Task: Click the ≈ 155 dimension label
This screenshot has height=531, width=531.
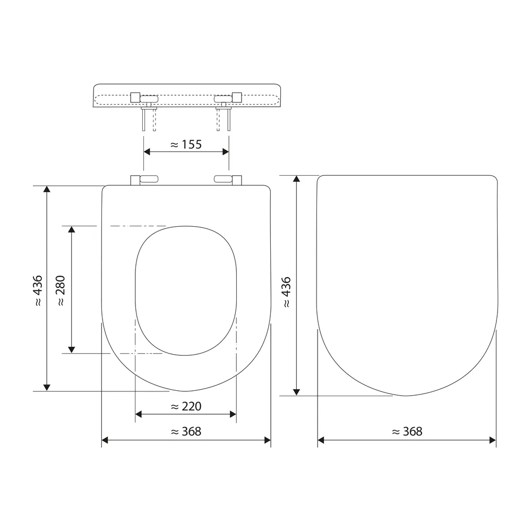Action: [x=186, y=144]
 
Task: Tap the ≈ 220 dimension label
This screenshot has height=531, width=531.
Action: [x=186, y=406]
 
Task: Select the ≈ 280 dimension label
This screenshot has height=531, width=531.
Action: [x=61, y=291]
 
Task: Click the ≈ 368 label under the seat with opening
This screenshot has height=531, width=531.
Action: [x=186, y=431]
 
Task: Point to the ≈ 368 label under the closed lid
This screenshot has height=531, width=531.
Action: [x=407, y=431]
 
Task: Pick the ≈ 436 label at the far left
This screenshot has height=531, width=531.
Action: [x=38, y=291]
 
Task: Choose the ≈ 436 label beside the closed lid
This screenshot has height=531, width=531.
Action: [x=286, y=292]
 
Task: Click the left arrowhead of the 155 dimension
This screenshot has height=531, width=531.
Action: [x=147, y=152]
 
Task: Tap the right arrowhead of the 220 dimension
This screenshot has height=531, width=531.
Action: [x=233, y=414]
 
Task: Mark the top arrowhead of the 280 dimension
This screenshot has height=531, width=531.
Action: [x=71, y=229]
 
